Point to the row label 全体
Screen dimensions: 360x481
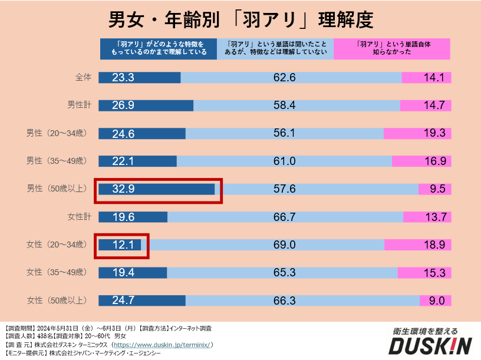pyautogui.click(x=83, y=77)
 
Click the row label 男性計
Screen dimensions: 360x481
pyautogui.click(x=79, y=105)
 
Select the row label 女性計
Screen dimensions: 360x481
pyautogui.click(x=79, y=216)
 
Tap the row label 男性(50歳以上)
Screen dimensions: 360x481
pyautogui.click(x=57, y=189)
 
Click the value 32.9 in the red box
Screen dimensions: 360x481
pyautogui.click(x=124, y=189)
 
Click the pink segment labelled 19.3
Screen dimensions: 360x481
pyautogui.click(x=417, y=133)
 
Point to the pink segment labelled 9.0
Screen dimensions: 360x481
pyautogui.click(x=436, y=300)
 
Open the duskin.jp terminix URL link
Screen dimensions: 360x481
pyautogui.click(x=162, y=345)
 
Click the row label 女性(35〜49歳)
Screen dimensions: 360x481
pyautogui.click(x=57, y=272)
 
